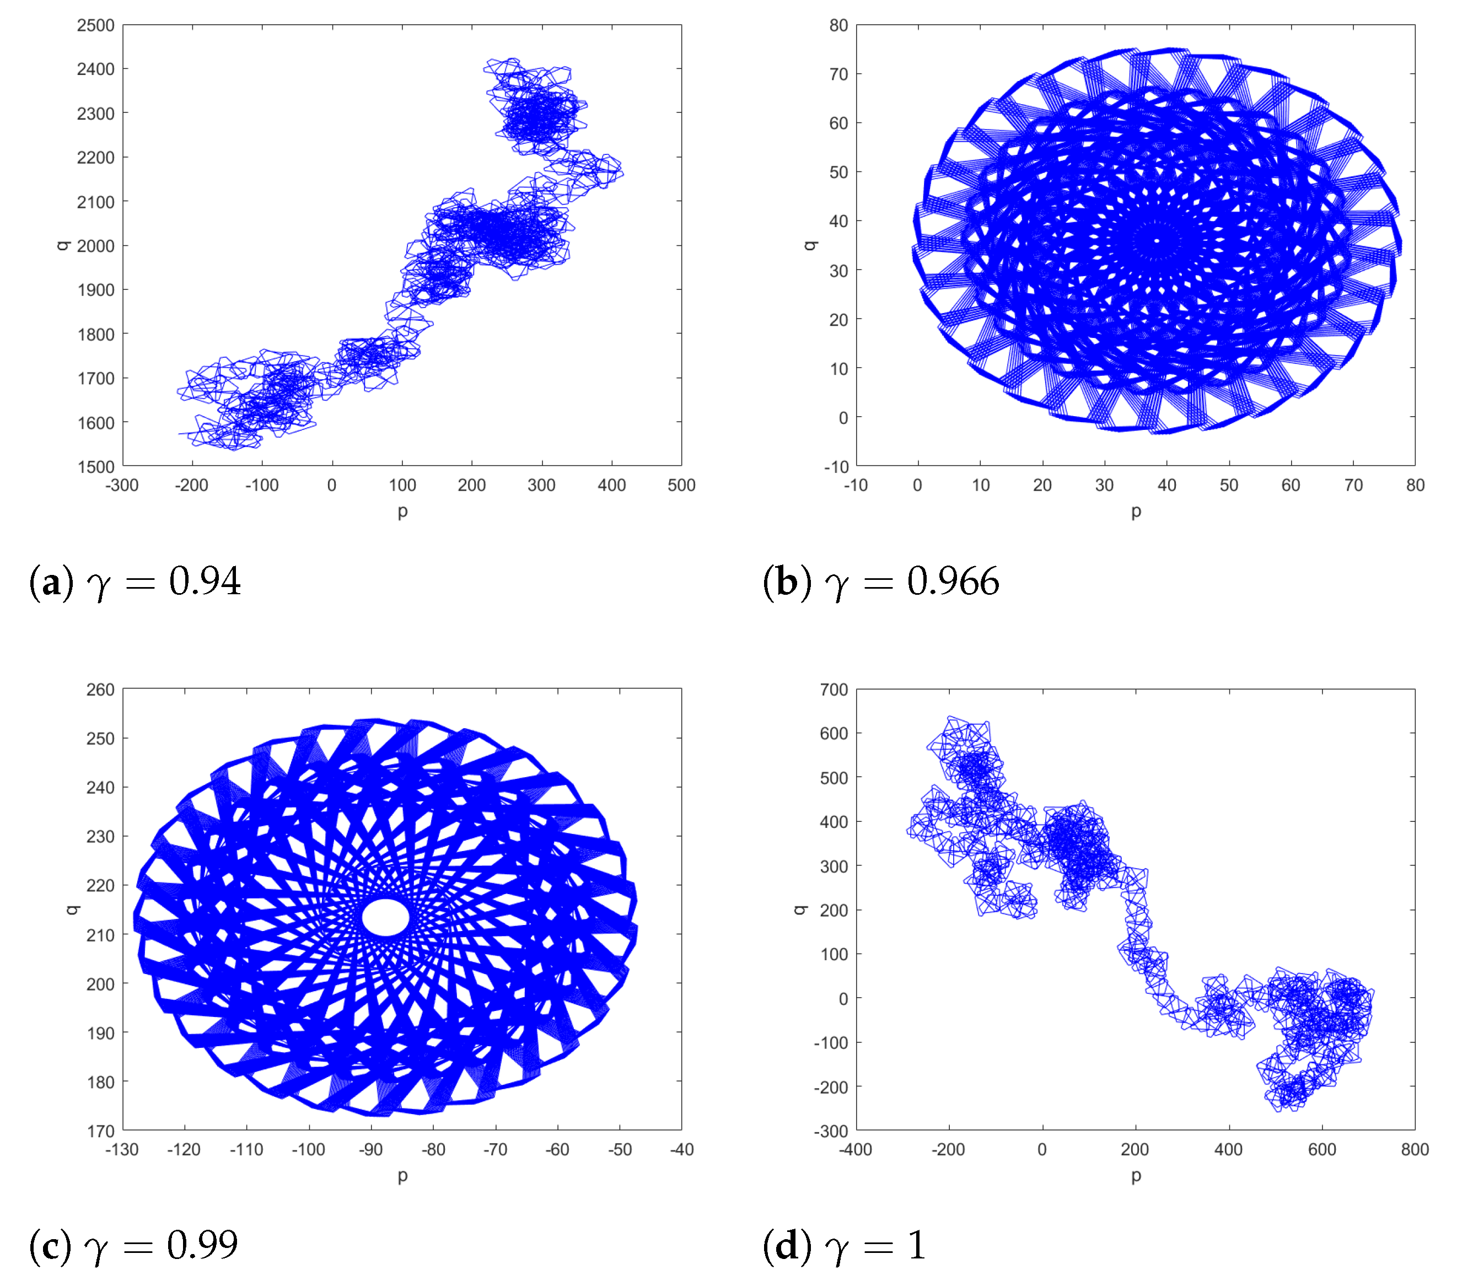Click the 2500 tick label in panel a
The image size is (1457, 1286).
pos(95,26)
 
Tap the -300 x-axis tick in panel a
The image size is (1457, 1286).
pos(122,486)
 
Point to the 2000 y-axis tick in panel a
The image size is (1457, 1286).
pos(95,246)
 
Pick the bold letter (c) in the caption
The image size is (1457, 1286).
pos(50,1245)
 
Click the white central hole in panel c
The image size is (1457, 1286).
pos(386,917)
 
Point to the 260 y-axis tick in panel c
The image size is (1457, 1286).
pos(100,690)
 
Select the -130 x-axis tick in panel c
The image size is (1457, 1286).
pos(122,1150)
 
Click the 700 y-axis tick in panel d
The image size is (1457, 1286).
pos(834,690)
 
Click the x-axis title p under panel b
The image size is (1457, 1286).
pos(1136,511)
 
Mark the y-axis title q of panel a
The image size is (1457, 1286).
pos(63,245)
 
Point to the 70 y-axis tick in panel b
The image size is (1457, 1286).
pos(838,74)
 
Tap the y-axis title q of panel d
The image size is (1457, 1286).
pos(800,910)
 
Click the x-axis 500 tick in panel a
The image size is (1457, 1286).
pos(681,486)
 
